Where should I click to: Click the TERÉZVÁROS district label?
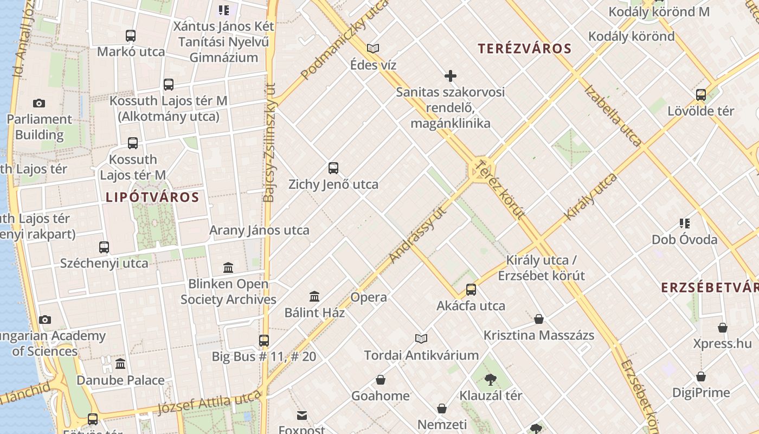524,49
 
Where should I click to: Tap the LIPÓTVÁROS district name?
152,197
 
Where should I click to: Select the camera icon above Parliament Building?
39,103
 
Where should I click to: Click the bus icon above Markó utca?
131,36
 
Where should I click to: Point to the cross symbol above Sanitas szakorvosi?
450,76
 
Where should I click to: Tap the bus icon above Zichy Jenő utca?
333,168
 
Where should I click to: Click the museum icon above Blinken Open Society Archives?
228,267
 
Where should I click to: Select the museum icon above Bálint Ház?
314,296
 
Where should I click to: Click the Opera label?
369,297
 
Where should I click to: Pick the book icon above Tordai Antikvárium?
421,339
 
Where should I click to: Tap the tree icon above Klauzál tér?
491,379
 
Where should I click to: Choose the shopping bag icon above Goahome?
381,380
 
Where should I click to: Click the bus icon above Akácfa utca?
471,290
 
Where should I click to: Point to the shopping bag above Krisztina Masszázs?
539,319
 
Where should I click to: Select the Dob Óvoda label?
684,240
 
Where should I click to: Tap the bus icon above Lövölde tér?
701,95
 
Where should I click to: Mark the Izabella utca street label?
612,116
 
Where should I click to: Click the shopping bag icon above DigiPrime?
701,376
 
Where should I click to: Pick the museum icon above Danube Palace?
120,363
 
